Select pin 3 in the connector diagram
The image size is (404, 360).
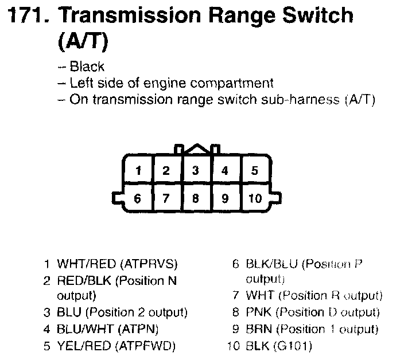pyautogui.click(x=195, y=170)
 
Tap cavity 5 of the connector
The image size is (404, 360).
pyautogui.click(x=254, y=170)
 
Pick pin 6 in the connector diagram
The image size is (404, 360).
pyautogui.click(x=137, y=198)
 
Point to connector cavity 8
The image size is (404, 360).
pyautogui.click(x=195, y=198)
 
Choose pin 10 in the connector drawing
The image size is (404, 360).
pyautogui.click(x=254, y=198)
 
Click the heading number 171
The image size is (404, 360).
pyautogui.click(x=27, y=15)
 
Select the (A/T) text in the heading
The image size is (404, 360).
pyautogui.click(x=84, y=41)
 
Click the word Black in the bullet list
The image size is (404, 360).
pyautogui.click(x=87, y=66)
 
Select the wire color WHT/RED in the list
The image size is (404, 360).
pyautogui.click(x=86, y=264)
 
